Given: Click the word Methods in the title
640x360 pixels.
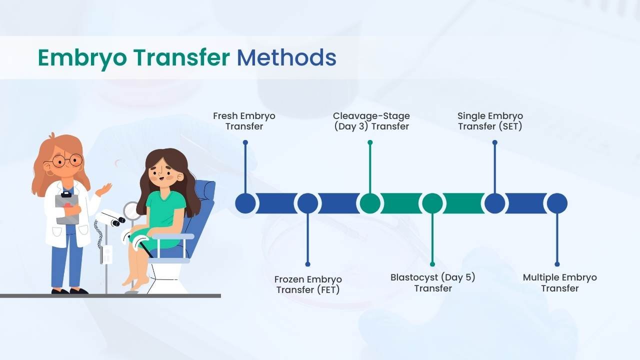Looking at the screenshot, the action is (286, 57).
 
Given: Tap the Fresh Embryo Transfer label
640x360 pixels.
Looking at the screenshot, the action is (244, 121).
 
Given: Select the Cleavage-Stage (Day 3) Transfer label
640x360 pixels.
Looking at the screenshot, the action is (371, 121).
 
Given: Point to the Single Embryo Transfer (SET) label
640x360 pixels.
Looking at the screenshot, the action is (490, 121).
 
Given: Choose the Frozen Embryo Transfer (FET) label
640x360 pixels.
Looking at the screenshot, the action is (308, 284).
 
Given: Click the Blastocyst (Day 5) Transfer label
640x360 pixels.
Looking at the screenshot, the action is (433, 283).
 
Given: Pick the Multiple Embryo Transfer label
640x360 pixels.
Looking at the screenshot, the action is (559, 283).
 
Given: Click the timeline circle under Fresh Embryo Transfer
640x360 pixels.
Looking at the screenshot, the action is (245, 203).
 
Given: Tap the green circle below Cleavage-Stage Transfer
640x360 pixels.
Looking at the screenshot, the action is (370, 203).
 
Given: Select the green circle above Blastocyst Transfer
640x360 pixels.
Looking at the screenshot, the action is (432, 203).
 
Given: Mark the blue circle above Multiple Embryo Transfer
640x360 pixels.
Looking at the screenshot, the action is (557, 203).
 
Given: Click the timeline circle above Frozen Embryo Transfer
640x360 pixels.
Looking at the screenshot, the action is (307, 203).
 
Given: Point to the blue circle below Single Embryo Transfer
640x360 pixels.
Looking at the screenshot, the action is (495, 203).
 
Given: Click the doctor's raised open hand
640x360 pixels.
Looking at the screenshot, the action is (104, 189).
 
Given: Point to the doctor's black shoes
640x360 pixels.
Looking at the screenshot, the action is (70, 291).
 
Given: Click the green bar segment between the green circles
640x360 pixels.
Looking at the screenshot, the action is (401, 203).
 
